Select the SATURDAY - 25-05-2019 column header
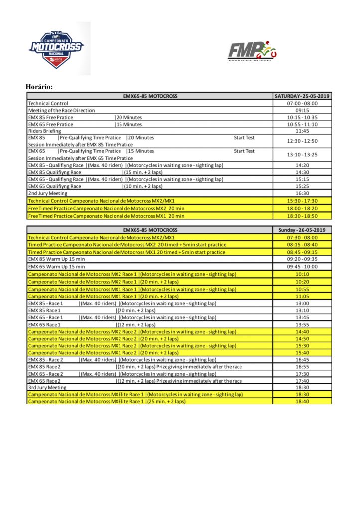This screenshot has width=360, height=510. point(302,96)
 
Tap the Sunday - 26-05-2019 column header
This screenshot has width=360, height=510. point(302,230)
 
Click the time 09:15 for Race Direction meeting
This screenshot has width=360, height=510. point(302,110)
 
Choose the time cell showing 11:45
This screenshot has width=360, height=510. point(302,131)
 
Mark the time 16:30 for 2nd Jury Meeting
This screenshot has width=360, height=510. point(302,193)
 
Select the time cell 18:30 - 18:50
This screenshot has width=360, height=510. point(302,216)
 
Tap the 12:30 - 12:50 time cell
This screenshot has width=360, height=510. point(302,141)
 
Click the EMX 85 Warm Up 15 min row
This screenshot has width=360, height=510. point(56,259)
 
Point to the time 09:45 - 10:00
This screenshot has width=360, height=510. point(302,267)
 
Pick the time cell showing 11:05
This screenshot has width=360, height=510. point(302,296)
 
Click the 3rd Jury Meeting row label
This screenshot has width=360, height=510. point(47,387)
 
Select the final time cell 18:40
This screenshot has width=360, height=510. point(302,401)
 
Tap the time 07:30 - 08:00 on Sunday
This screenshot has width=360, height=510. point(302,238)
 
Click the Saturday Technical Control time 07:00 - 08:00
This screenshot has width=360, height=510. point(302,103)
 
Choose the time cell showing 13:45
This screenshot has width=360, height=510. point(302,317)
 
